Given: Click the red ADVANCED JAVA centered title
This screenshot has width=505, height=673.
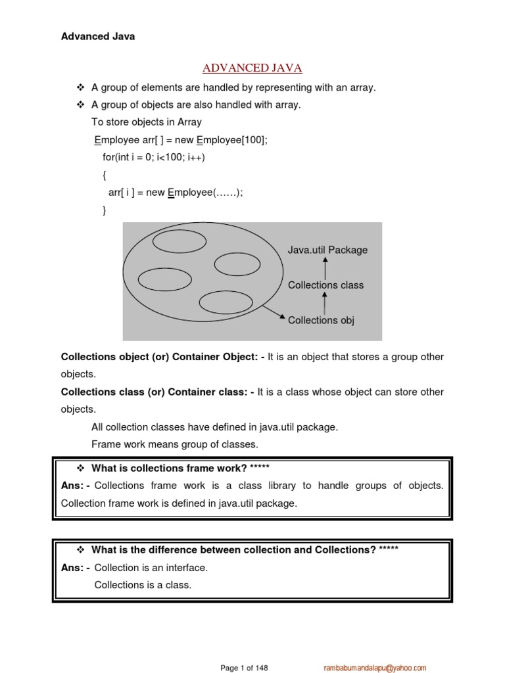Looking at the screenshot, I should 252,68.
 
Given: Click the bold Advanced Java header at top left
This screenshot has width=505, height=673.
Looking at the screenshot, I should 98,37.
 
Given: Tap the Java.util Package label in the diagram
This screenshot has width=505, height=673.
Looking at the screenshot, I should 327,250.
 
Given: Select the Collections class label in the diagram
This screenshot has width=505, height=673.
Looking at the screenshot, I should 325,285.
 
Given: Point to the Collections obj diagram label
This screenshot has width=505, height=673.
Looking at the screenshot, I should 321,320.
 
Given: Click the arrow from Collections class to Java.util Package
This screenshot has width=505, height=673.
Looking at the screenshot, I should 326,267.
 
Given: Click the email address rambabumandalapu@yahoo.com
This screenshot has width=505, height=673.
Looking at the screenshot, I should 375,668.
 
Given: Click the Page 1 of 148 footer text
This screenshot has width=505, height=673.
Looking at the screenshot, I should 245,668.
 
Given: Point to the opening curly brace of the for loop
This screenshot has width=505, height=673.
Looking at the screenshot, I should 104,175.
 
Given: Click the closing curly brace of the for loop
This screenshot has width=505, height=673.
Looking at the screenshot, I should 104,210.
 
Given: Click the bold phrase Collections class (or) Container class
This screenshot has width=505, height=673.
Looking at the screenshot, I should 153,392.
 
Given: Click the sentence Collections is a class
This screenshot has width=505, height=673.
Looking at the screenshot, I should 143,584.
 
